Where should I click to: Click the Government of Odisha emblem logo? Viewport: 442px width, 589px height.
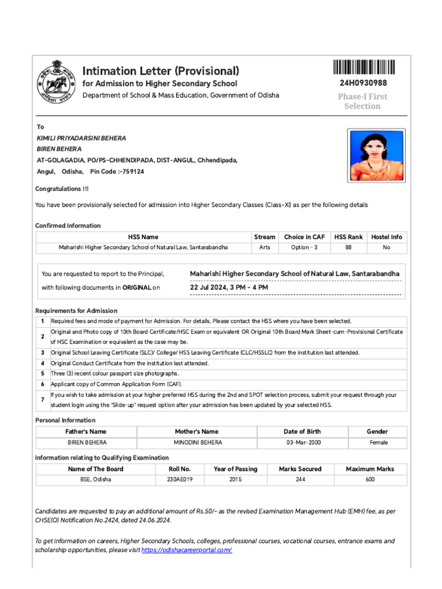click(x=56, y=81)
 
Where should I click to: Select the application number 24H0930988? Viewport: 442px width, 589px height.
click(x=363, y=83)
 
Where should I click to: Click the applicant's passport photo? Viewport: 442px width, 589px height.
click(x=376, y=155)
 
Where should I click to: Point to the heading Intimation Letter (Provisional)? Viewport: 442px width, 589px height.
click(x=161, y=71)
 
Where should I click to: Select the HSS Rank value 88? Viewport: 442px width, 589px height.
click(x=348, y=247)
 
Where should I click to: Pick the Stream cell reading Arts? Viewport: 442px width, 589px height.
click(x=264, y=247)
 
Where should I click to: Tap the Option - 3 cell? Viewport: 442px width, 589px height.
click(x=304, y=247)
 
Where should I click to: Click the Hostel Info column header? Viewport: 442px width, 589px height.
click(x=386, y=237)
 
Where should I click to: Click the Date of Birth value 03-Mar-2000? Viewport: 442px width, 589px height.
click(x=302, y=442)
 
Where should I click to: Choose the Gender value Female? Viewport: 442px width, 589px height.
click(x=378, y=442)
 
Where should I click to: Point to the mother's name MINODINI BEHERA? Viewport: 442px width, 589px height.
click(x=197, y=442)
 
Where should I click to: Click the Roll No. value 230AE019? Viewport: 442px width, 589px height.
click(x=180, y=479)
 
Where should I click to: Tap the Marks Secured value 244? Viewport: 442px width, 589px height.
click(x=300, y=479)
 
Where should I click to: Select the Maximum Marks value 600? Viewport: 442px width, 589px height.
click(x=369, y=479)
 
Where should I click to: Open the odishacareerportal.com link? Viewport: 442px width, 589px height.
click(x=186, y=550)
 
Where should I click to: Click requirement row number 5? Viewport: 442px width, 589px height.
click(x=43, y=373)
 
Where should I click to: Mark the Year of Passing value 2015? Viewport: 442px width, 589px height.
click(x=235, y=479)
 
